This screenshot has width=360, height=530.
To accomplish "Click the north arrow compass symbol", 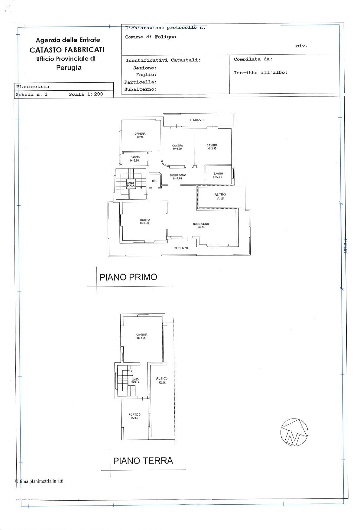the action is pyautogui.click(x=294, y=432).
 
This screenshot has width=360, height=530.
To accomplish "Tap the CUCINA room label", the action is pyautogui.click(x=145, y=222).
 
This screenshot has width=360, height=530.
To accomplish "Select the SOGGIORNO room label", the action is pyautogui.click(x=201, y=226).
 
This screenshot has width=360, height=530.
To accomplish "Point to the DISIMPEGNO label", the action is pyautogui.click(x=178, y=177).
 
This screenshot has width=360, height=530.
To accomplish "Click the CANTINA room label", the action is pyautogui.click(x=142, y=336).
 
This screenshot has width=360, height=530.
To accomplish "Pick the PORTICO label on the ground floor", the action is pyautogui.click(x=135, y=416).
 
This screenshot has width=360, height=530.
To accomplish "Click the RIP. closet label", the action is pyautogui.click(x=154, y=181).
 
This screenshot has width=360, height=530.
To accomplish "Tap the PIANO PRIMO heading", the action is pyautogui.click(x=128, y=277).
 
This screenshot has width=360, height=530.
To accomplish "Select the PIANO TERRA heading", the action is pyautogui.click(x=143, y=461).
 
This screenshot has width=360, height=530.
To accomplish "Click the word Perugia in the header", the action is pyautogui.click(x=69, y=68).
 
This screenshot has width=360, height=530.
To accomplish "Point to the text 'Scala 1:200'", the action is pyautogui.click(x=86, y=94).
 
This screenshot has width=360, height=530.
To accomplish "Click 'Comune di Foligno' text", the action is pyautogui.click(x=151, y=37).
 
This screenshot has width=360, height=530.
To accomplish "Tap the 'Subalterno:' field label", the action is pyautogui.click(x=140, y=89).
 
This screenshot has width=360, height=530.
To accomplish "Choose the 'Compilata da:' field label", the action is pyautogui.click(x=253, y=59).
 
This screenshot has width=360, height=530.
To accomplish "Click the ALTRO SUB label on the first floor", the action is pyautogui.click(x=220, y=197).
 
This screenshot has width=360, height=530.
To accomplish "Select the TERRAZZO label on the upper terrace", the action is pyautogui.click(x=197, y=120).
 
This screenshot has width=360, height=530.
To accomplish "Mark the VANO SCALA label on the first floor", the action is pyautogui.click(x=131, y=184).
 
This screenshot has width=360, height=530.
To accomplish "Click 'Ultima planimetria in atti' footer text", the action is pyautogui.click(x=39, y=481).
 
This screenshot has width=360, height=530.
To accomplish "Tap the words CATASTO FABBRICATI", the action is pyautogui.click(x=67, y=50).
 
